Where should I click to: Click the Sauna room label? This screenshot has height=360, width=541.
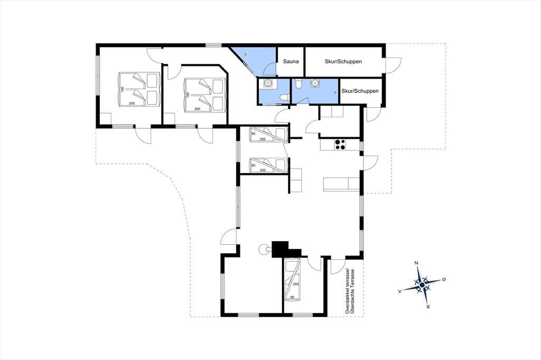291,61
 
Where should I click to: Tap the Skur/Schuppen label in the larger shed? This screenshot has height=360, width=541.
343,61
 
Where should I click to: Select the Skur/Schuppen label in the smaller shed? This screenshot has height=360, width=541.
360,91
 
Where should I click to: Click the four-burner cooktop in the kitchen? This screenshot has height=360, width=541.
340,144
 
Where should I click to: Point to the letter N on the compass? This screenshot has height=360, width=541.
416,263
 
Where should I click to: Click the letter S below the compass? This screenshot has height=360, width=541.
428,306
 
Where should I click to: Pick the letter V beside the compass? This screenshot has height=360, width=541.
399,291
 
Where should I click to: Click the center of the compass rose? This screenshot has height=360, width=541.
422,285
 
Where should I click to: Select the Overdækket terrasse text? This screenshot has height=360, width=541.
348,291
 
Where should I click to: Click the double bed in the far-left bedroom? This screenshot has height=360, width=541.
139,89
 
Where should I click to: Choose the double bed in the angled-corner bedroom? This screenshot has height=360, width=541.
204,95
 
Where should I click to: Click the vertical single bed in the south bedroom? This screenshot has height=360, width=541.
292,280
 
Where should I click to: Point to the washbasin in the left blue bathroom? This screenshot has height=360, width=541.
268,83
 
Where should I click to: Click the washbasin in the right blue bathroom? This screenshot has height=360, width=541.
315,83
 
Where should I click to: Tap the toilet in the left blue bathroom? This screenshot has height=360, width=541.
284,98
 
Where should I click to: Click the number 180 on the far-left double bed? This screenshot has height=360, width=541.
123,89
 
